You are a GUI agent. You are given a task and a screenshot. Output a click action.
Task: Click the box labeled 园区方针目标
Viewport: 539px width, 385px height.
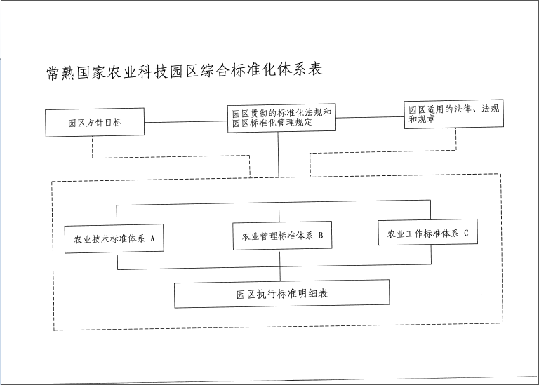(95, 122)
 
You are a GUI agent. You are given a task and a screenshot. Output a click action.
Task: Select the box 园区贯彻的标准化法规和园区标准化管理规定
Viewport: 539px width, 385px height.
(281, 118)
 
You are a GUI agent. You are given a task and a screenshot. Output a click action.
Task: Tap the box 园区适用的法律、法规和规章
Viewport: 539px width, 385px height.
(454, 114)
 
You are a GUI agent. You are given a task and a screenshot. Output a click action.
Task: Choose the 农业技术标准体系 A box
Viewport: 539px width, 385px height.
(114, 238)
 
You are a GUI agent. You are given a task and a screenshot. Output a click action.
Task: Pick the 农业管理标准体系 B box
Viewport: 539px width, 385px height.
(282, 236)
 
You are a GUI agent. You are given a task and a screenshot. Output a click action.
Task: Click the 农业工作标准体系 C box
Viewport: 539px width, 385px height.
(427, 232)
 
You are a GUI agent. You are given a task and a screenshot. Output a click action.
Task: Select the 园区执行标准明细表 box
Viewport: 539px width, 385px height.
(281, 294)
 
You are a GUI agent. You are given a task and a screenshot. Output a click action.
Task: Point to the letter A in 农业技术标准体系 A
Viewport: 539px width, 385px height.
(152, 238)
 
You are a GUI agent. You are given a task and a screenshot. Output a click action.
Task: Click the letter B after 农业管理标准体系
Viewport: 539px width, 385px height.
(320, 235)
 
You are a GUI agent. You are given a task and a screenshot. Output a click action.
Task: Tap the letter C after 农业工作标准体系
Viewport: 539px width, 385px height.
(466, 234)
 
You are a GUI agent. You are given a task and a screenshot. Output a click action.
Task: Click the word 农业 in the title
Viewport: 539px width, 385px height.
(122, 72)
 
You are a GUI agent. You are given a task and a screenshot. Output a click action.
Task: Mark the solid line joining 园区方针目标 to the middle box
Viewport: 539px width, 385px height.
(185, 121)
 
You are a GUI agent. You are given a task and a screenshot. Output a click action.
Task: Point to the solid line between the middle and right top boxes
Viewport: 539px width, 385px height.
(370, 117)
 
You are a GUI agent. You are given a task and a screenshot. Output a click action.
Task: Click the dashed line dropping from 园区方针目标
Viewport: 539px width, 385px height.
(171, 156)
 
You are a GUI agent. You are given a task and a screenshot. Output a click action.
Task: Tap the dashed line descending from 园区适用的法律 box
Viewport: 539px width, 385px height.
(383, 151)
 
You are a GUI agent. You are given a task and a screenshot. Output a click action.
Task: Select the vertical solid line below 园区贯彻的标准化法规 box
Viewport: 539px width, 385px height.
(278, 154)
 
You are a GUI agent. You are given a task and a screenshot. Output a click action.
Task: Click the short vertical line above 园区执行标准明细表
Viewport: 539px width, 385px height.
(280, 273)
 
